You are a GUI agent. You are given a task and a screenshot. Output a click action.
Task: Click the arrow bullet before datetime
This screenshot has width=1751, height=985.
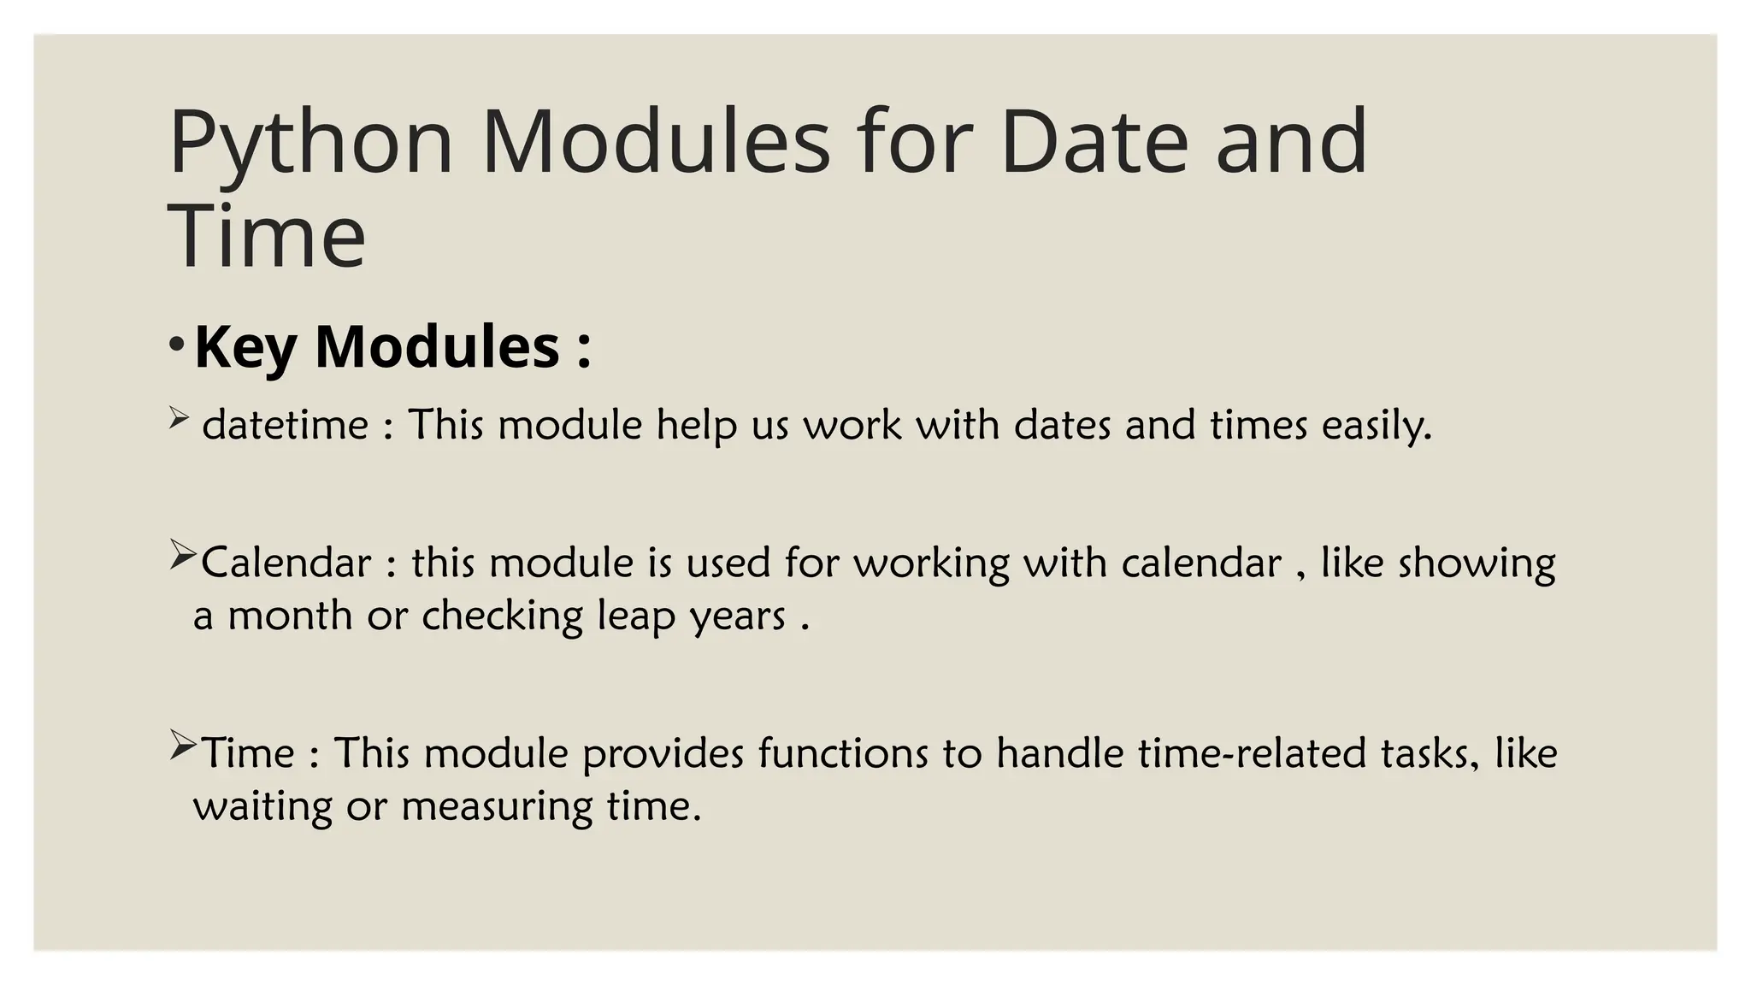(x=178, y=418)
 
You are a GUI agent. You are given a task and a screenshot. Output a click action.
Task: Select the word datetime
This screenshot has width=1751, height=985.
(x=286, y=425)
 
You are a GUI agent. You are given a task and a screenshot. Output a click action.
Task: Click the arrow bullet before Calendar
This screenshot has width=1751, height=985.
(x=183, y=556)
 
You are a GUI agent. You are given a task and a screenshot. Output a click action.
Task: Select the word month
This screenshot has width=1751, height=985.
(x=290, y=616)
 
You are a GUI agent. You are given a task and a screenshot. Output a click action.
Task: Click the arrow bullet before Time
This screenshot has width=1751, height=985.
(x=183, y=746)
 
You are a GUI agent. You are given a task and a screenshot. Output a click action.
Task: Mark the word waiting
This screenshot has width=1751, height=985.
(x=262, y=807)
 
